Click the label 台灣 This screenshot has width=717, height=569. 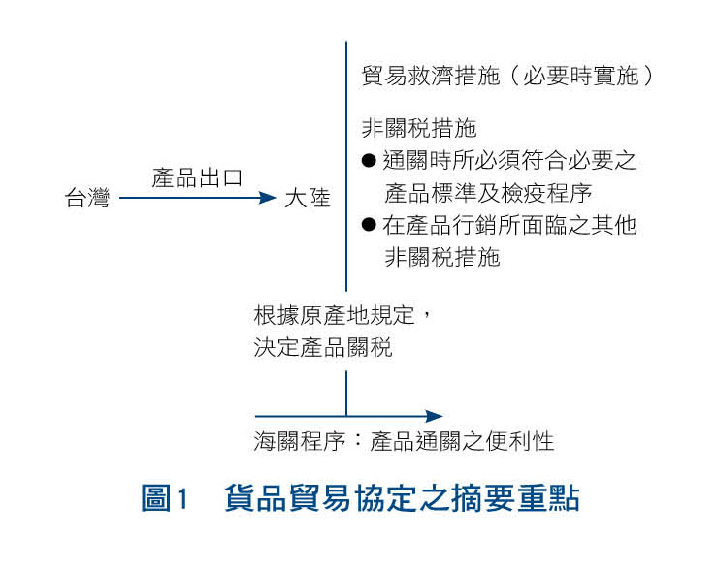pyautogui.click(x=87, y=198)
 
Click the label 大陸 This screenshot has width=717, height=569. pyautogui.click(x=308, y=198)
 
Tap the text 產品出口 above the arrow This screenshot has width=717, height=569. pyautogui.click(x=197, y=177)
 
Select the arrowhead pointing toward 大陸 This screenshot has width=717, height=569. pyautogui.click(x=268, y=198)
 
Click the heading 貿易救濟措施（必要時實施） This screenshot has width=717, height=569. pyautogui.click(x=507, y=76)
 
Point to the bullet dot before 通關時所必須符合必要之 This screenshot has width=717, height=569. pyautogui.click(x=369, y=160)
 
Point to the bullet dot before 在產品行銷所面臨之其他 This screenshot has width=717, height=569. pyautogui.click(x=369, y=224)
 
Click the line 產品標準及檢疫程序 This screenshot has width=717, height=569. pyautogui.click(x=488, y=193)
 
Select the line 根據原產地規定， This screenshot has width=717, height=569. pyautogui.click(x=342, y=315)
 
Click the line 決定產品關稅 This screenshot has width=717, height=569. pyautogui.click(x=323, y=347)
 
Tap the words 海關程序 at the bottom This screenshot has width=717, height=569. pyautogui.click(x=300, y=441)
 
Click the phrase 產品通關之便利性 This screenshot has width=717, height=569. pyautogui.click(x=462, y=441)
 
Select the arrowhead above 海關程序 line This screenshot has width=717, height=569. pyautogui.click(x=435, y=416)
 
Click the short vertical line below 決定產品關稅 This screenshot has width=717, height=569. pyautogui.click(x=346, y=393)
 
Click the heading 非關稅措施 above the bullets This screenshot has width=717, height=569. pyautogui.click(x=419, y=128)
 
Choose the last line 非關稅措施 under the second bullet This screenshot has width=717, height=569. pyautogui.click(x=442, y=257)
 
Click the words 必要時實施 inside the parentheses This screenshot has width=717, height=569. pyautogui.click(x=580, y=76)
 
